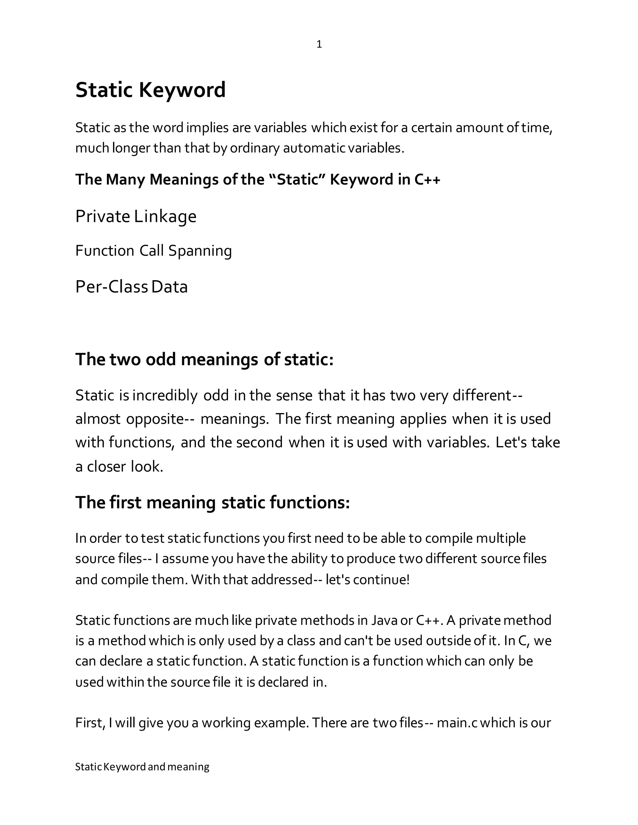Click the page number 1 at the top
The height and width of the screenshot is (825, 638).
(x=319, y=45)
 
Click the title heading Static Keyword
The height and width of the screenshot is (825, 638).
(x=150, y=90)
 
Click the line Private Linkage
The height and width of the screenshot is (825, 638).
(x=136, y=216)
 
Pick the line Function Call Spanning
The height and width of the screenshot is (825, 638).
(x=154, y=251)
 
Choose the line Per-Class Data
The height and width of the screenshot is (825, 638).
(x=131, y=287)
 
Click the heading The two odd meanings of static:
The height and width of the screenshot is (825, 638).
(x=204, y=359)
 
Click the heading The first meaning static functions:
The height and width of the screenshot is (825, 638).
(x=212, y=502)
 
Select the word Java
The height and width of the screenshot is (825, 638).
(x=385, y=620)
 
